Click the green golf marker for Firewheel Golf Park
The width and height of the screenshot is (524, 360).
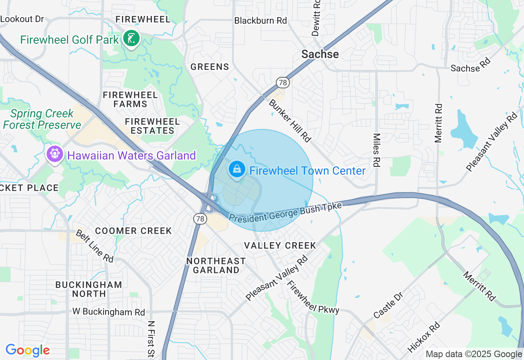pyautogui.click(x=131, y=39)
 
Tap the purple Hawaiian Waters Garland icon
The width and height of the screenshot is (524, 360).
pyautogui.click(x=54, y=154)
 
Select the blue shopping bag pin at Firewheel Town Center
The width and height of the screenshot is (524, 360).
pyautogui.click(x=237, y=169)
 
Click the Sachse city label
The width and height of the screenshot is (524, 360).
pyautogui.click(x=320, y=54)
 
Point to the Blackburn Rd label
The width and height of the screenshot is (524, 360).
pyautogui.click(x=261, y=20)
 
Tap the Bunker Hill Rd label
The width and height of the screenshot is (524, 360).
pyautogui.click(x=289, y=119)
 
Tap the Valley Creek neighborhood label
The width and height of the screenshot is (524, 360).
pyautogui.click(x=280, y=245)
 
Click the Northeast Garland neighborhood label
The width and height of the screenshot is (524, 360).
pyautogui.click(x=216, y=265)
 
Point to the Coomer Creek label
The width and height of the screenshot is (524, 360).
pyautogui.click(x=133, y=231)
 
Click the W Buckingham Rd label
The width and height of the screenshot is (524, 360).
pyautogui.click(x=109, y=312)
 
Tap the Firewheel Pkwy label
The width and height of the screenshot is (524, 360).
pyautogui.click(x=313, y=297)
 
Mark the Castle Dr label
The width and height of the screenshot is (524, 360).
pyautogui.click(x=388, y=305)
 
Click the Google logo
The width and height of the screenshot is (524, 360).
pyautogui.click(x=27, y=350)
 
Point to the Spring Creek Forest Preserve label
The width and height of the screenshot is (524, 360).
pyautogui.click(x=42, y=119)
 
